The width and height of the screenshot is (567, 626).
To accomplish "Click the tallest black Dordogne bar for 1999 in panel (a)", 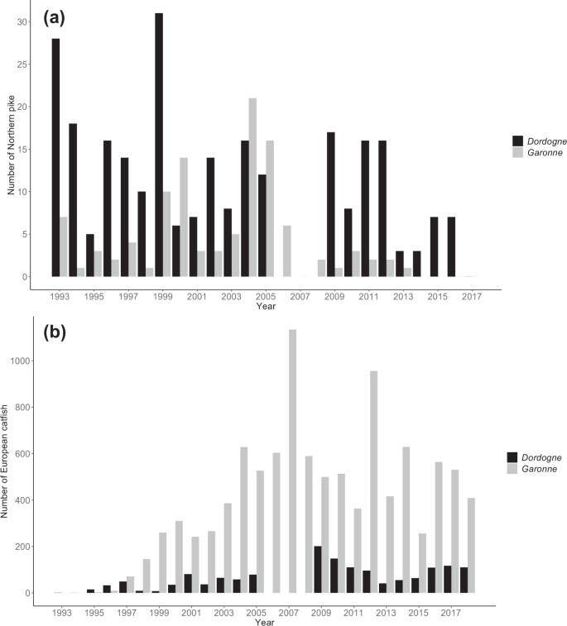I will (x=158, y=145).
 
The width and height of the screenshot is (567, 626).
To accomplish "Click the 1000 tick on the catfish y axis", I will (x=18, y=361).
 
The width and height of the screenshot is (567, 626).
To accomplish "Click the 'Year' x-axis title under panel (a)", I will (x=266, y=305).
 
